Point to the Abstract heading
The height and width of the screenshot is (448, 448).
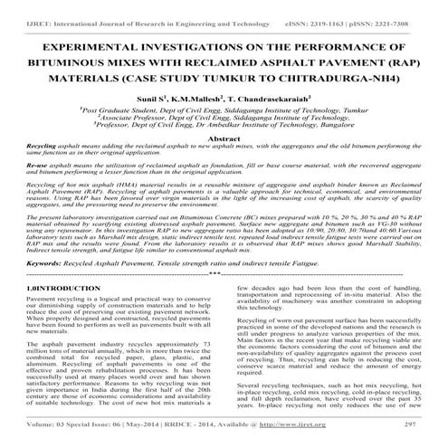[x=224, y=137]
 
